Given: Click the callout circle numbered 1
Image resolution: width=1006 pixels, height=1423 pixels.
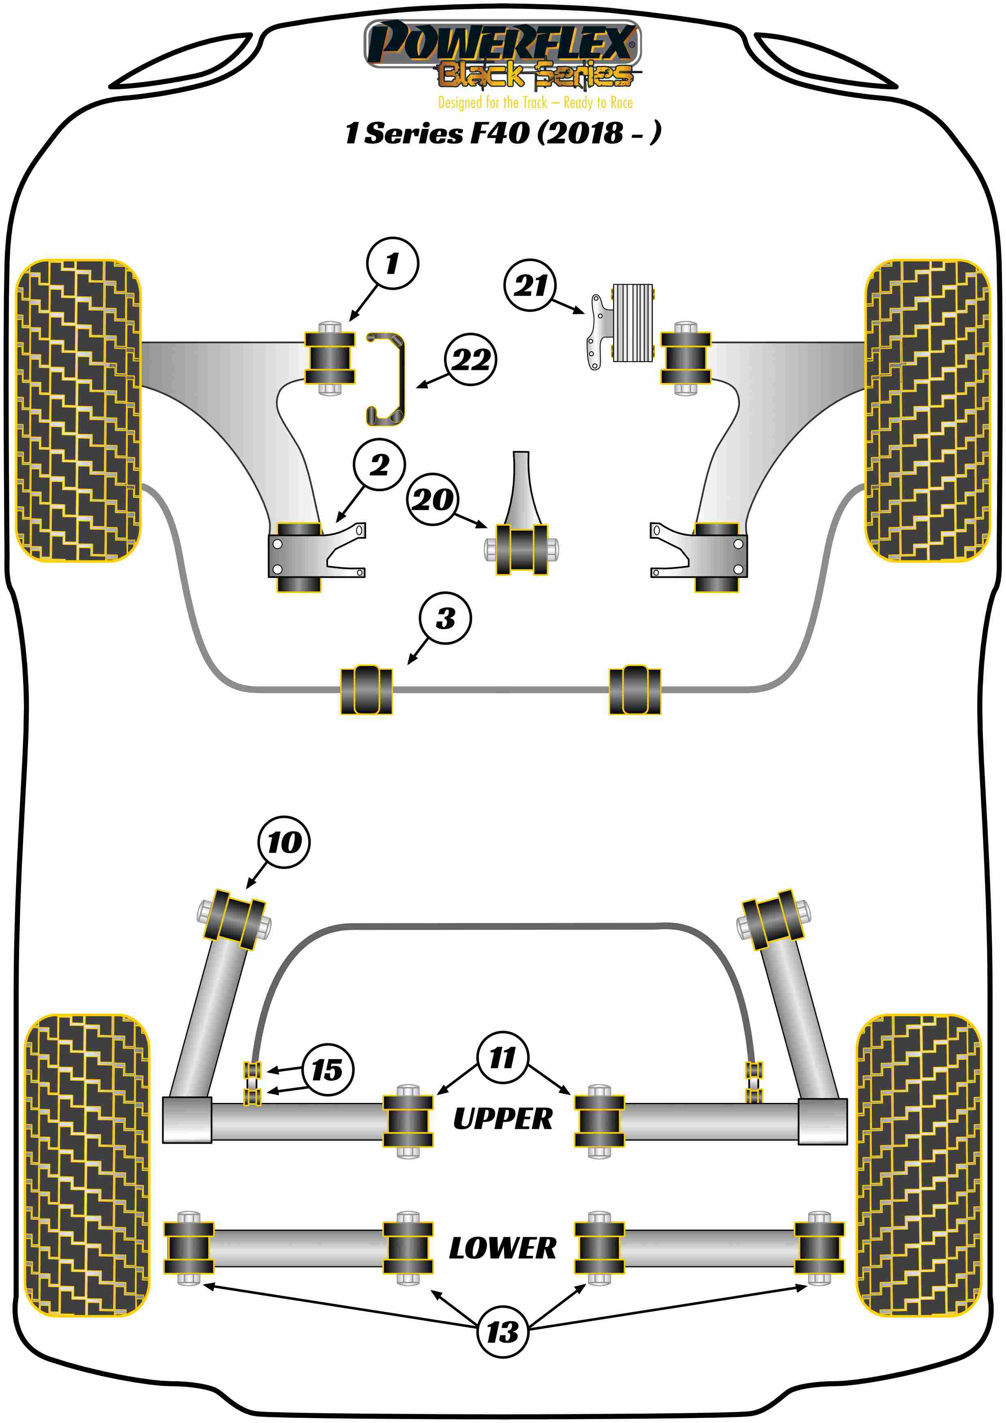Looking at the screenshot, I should pos(392,263).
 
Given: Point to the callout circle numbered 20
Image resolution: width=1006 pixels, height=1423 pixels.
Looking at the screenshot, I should pos(432,499).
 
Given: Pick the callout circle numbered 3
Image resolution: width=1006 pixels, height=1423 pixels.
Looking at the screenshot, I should pos(445,618).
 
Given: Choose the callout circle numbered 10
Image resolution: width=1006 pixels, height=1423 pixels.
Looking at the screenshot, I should pos(284,842).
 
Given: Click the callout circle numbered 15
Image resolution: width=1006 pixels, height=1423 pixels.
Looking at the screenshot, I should pos(328,1070).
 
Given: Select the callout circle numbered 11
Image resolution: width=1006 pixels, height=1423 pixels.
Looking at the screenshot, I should pos(502,1058).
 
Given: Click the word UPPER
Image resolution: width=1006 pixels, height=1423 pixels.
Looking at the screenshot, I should pos(502,1119).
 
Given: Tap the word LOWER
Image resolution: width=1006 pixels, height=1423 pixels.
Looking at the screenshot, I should pos(502,1248).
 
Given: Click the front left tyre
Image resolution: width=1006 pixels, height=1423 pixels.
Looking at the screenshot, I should pos(78,410).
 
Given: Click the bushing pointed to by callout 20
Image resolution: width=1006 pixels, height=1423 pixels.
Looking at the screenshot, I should pos(521,549).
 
